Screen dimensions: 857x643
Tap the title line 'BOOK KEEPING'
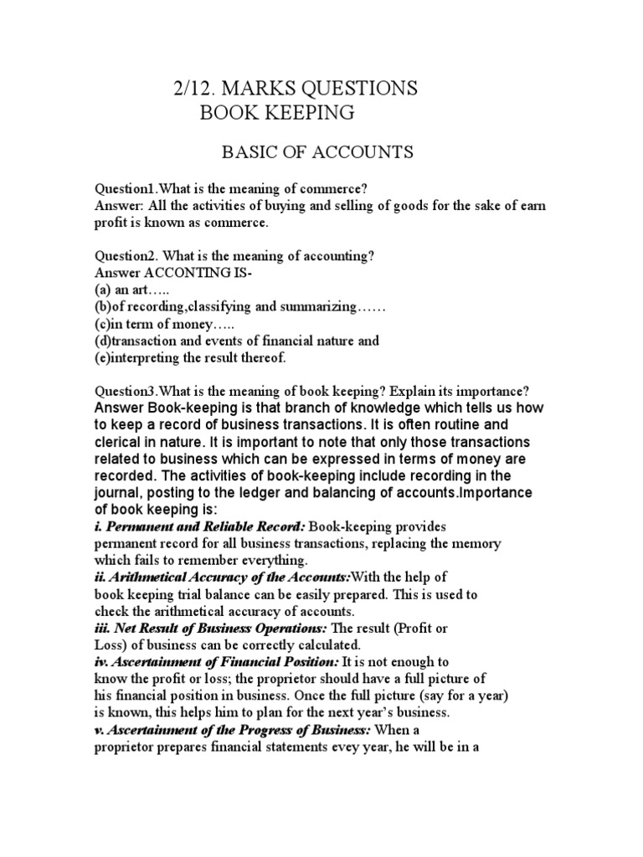(276, 112)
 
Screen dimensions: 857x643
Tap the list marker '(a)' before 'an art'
(101, 290)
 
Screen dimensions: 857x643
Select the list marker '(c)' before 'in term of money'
(101, 324)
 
